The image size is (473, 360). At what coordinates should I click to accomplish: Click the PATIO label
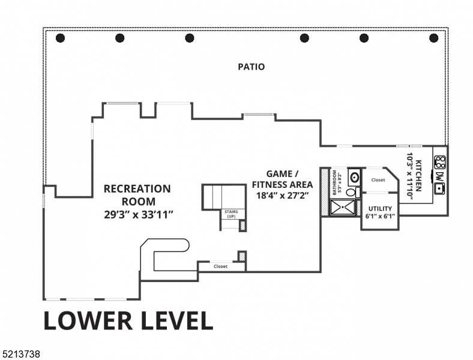point(251,67)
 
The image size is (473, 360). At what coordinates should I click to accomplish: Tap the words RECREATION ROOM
point(137,195)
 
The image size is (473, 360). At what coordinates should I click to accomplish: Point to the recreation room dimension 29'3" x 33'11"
point(139,214)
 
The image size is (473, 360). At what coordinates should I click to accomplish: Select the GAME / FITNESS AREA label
point(282,178)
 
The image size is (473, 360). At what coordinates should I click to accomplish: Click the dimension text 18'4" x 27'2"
point(282,195)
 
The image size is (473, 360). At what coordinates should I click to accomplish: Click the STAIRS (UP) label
point(230,214)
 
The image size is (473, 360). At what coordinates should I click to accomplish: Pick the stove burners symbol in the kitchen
point(440,161)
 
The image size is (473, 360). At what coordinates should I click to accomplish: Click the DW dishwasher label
point(440,176)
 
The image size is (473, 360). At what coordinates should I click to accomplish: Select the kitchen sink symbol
point(440,188)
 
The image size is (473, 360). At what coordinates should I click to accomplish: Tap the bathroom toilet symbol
point(352,192)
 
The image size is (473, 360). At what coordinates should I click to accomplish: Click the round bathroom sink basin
point(354,177)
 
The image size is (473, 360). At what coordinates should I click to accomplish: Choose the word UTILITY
point(379,209)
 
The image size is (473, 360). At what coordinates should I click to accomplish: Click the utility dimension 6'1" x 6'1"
point(379,216)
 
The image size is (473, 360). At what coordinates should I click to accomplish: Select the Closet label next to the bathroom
point(378,180)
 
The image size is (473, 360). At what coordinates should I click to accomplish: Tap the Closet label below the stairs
point(220,266)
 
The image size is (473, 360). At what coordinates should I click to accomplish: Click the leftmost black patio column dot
point(60,38)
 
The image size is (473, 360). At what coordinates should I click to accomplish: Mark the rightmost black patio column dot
point(434,38)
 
